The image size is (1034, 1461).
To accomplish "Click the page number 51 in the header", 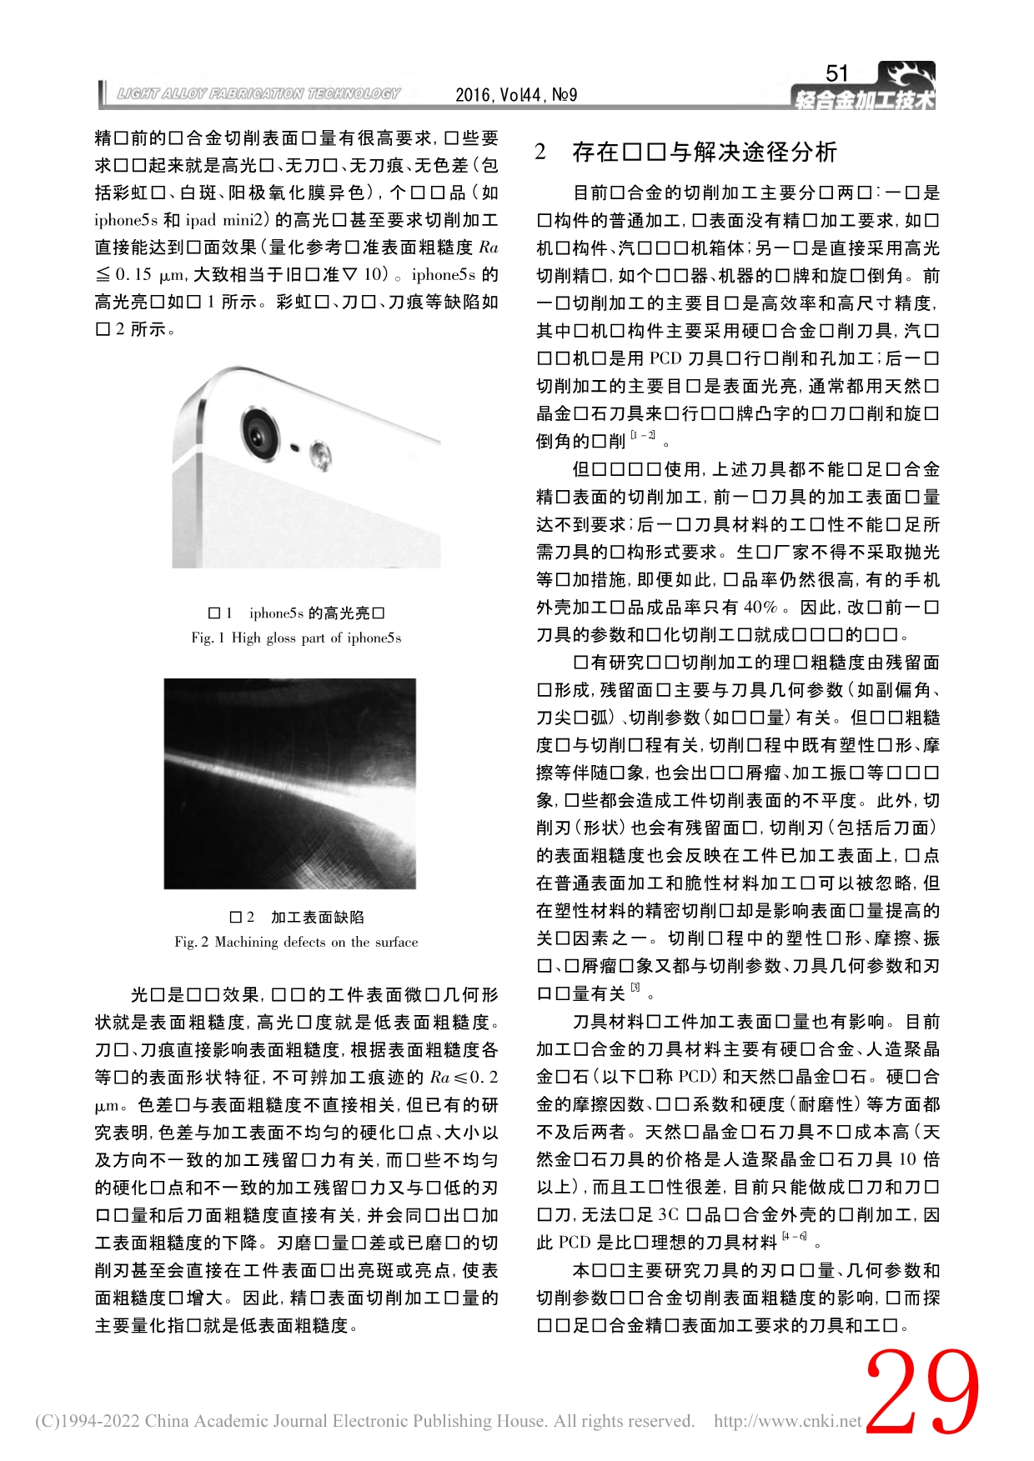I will point(836,74).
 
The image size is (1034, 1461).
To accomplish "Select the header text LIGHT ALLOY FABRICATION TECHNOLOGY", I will point(258,94).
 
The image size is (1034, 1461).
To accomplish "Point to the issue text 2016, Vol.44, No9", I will point(516,95).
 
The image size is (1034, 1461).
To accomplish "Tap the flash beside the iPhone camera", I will point(319,454).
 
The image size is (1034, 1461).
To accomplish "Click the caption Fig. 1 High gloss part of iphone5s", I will point(296,638).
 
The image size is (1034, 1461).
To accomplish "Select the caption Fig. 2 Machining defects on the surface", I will point(296,943).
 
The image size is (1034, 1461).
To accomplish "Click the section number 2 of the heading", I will point(541,153).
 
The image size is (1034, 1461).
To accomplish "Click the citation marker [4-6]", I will point(794,1238).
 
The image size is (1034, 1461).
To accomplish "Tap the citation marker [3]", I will point(635,988).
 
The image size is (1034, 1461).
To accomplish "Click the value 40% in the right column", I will point(760,608).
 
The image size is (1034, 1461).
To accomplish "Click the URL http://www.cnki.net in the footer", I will point(787,1421).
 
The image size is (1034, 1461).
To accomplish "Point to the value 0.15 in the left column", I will point(133,275).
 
